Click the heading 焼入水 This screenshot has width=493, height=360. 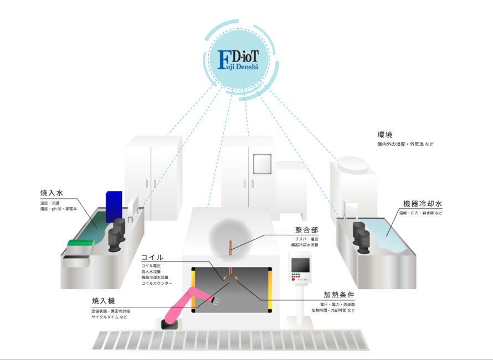pyautogui.click(x=52, y=193)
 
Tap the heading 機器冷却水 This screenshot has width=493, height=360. pyautogui.click(x=424, y=203)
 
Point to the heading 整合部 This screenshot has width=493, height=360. pyautogui.click(x=305, y=230)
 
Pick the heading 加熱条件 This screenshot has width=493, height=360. pyautogui.click(x=339, y=295)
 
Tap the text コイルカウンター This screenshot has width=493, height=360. pyautogui.click(x=157, y=283)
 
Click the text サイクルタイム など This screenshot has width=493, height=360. pyautogui.click(x=109, y=317)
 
